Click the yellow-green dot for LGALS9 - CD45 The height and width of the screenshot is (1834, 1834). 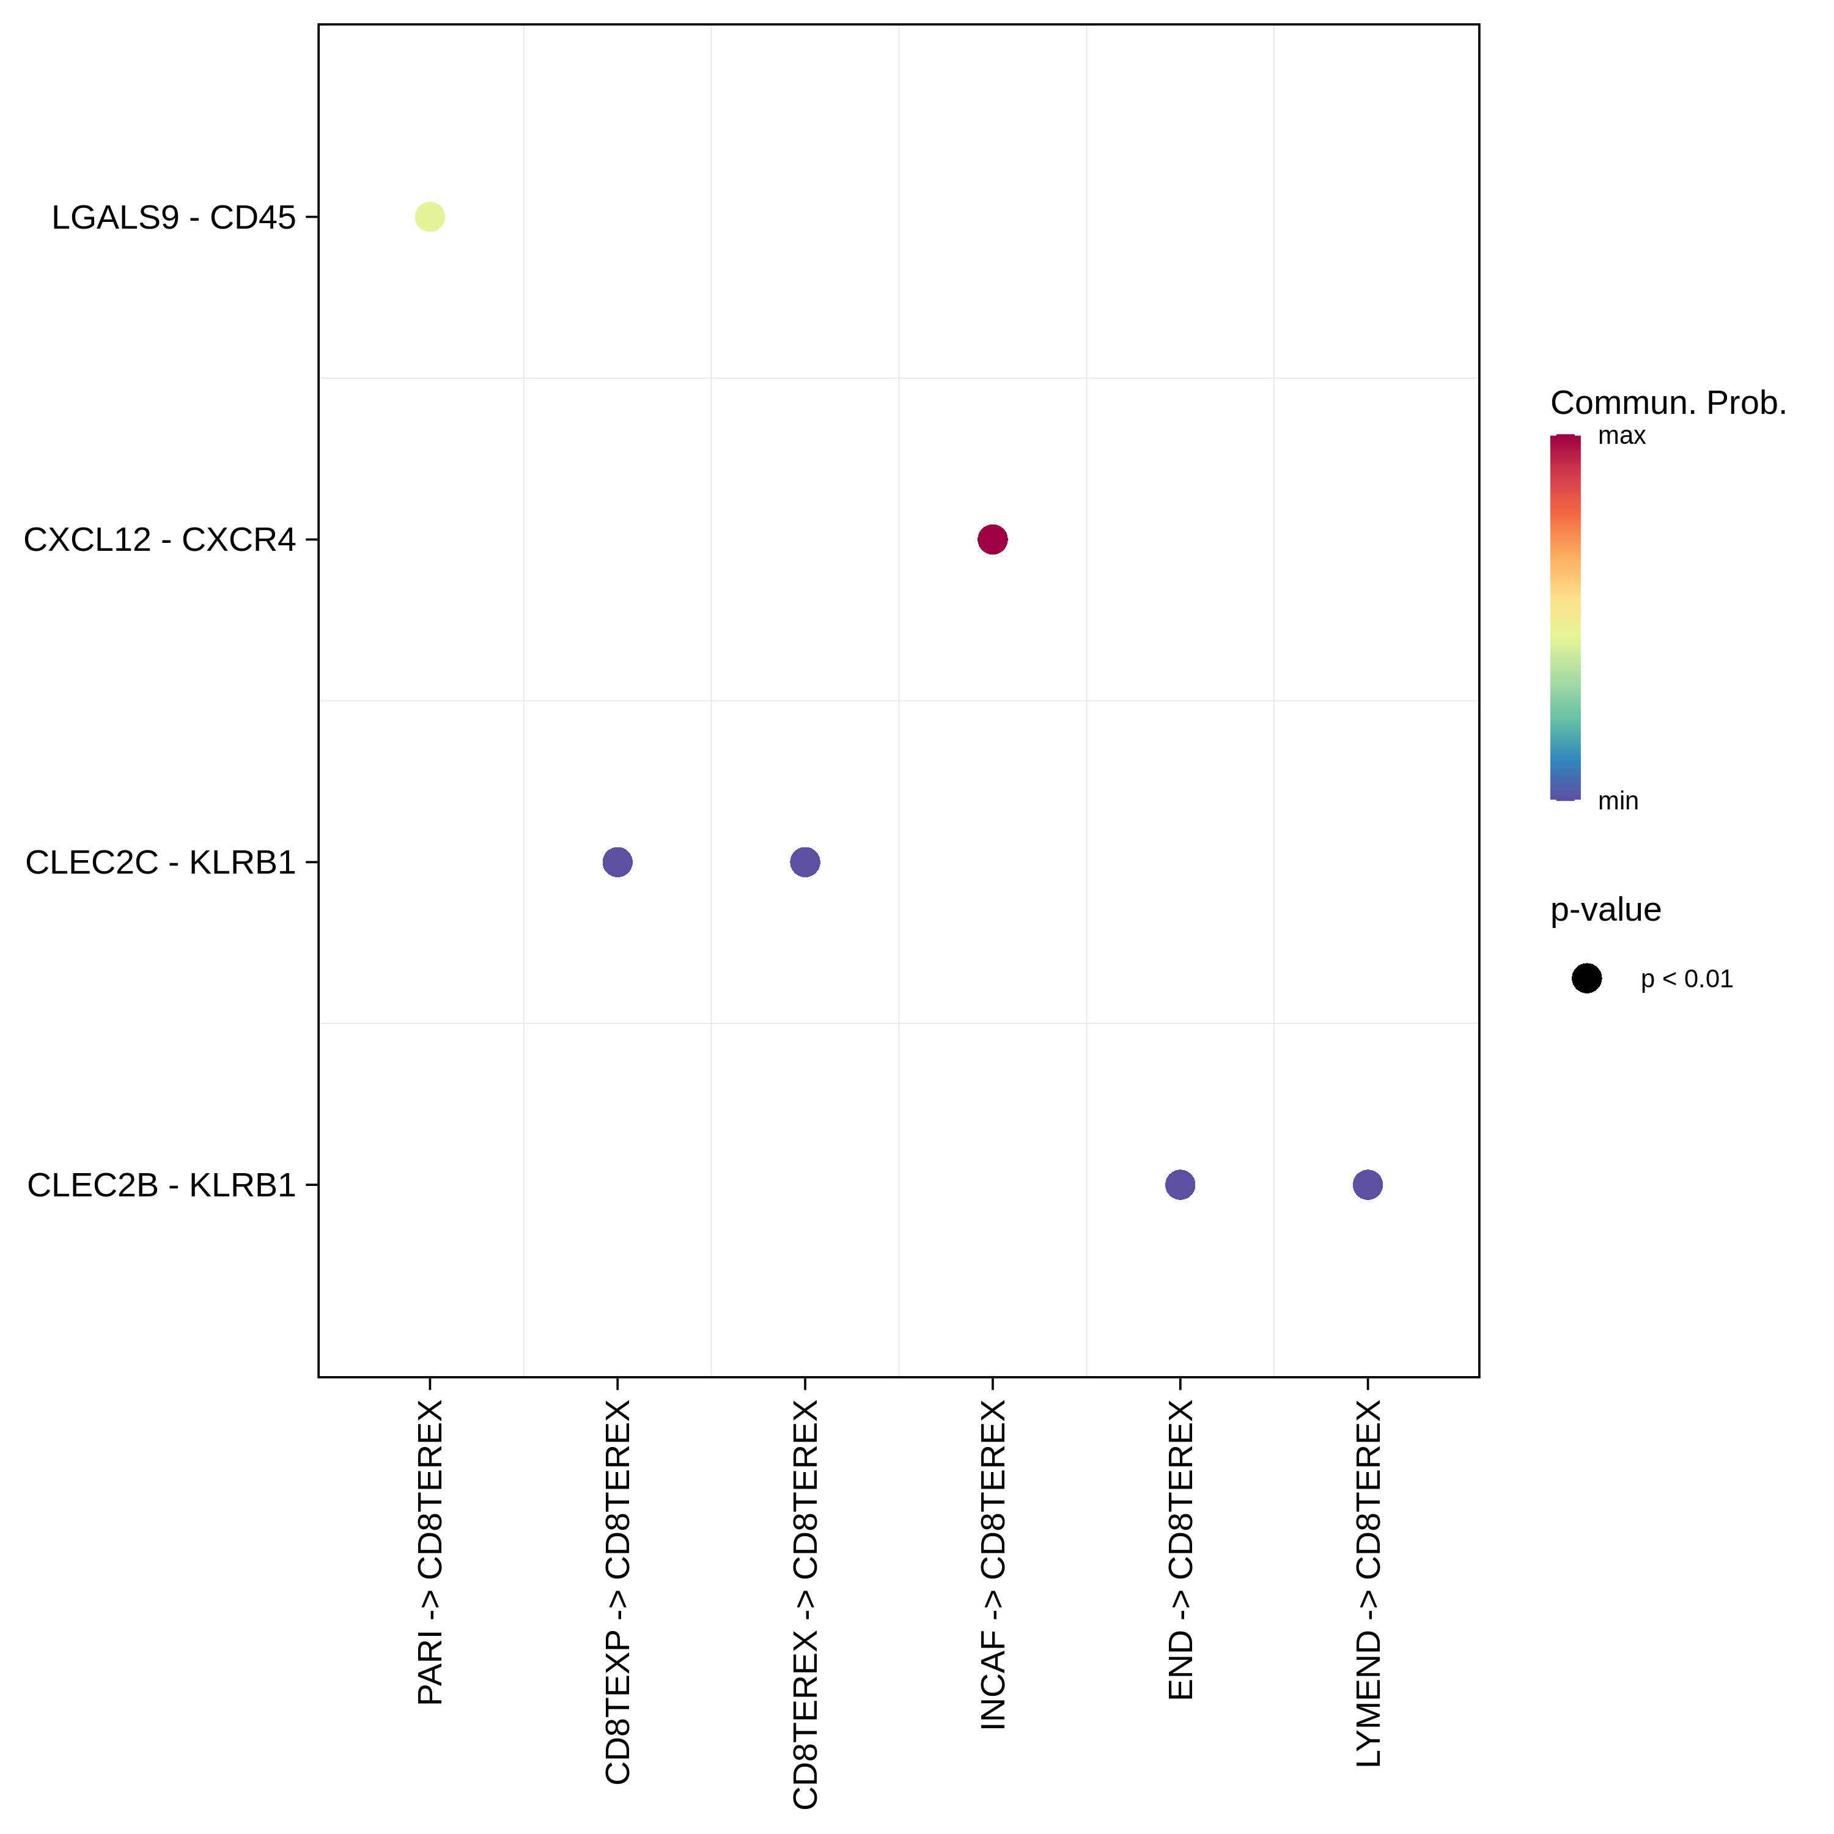pyautogui.click(x=430, y=218)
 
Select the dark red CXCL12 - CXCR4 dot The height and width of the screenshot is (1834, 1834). pyautogui.click(x=992, y=539)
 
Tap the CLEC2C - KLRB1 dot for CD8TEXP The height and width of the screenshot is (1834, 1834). pyautogui.click(x=617, y=862)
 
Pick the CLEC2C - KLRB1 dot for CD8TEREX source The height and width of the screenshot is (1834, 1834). pyautogui.click(x=805, y=862)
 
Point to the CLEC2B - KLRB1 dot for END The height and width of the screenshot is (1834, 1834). pyautogui.click(x=1180, y=1185)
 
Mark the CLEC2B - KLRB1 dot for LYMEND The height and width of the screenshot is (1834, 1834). pyautogui.click(x=1367, y=1185)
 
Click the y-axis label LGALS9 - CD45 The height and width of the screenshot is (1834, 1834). pyautogui.click(x=174, y=218)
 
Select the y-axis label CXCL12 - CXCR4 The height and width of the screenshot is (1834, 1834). pyautogui.click(x=160, y=539)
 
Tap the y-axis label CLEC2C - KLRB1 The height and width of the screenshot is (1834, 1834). pyautogui.click(x=160, y=862)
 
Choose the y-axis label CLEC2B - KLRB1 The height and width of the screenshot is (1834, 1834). pyautogui.click(x=161, y=1185)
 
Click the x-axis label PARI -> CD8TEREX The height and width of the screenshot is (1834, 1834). pyautogui.click(x=430, y=1552)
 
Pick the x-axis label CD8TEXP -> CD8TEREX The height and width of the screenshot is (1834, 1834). pyautogui.click(x=617, y=1592)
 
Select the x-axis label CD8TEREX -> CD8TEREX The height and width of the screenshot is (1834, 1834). pyautogui.click(x=805, y=1604)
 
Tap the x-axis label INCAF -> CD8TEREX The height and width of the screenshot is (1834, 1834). pyautogui.click(x=992, y=1564)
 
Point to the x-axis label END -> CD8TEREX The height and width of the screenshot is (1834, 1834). pyautogui.click(x=1180, y=1549)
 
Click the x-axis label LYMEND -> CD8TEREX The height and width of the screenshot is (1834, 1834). pyautogui.click(x=1367, y=1583)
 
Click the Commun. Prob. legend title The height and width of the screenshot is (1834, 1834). pyautogui.click(x=1668, y=402)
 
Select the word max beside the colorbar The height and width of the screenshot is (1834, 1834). pyautogui.click(x=1621, y=436)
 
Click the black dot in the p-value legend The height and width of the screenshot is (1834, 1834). pyautogui.click(x=1586, y=978)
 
